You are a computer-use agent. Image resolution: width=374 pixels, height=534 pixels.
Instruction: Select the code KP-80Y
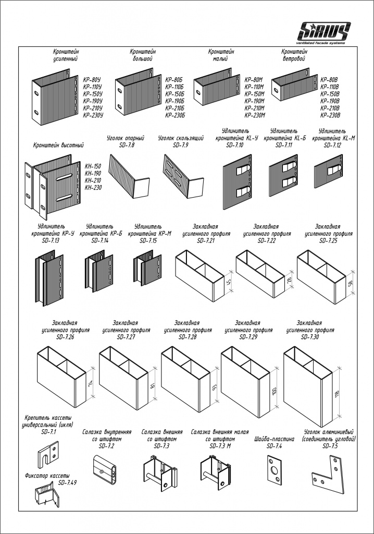point(92,80)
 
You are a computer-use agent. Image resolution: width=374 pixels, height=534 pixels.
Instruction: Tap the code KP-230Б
point(175,115)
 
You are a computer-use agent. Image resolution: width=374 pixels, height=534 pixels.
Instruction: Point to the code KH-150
point(93,166)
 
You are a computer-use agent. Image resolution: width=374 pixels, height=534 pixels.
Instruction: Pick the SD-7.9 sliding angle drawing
point(182,177)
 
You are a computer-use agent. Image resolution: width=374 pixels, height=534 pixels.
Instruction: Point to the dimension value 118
point(337,393)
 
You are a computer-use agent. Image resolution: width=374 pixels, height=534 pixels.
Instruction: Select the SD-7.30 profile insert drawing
point(307,386)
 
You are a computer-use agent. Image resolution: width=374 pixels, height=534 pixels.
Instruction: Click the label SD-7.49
point(67,483)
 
